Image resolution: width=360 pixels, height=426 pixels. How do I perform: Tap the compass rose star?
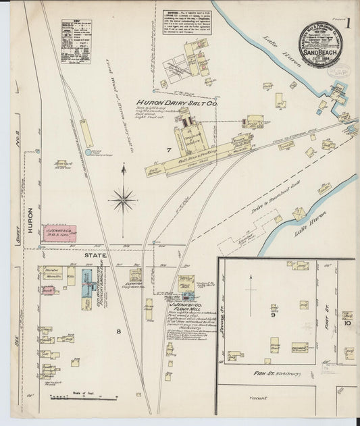pos(123,198)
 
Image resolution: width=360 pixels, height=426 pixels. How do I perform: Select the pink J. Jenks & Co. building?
pos(59,234)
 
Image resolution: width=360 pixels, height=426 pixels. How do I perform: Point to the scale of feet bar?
pos(84,398)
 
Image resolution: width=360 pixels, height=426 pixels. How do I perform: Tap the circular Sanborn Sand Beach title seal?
pos(321,46)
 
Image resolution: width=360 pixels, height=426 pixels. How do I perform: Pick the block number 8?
pos(120,330)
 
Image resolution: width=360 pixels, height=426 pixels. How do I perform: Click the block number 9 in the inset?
pos(274,315)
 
